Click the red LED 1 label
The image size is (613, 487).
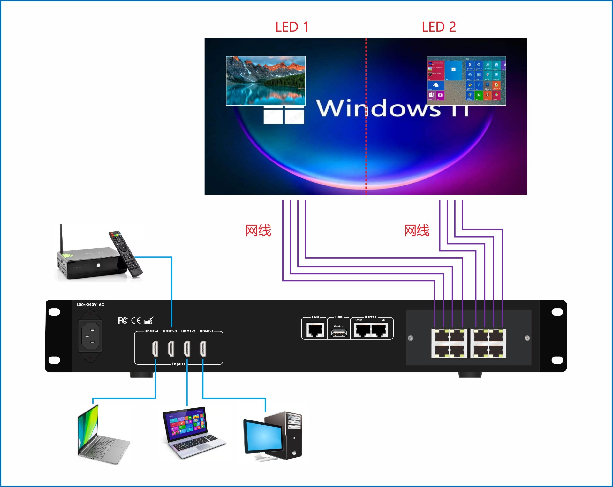coord(292,27)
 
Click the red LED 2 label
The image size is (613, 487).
coord(439,27)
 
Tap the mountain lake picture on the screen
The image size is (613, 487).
coord(266,81)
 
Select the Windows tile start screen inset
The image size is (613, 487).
coord(466,81)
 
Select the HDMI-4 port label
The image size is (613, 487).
coord(151,331)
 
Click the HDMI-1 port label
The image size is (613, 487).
coord(207,331)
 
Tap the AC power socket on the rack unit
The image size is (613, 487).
coord(90,336)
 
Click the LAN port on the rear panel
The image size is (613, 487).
coord(315,330)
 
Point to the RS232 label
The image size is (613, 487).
coord(371,317)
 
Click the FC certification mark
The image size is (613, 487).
coord(123,320)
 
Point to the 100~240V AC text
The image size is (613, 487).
coord(90,305)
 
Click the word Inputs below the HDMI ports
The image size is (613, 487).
coord(178,364)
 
